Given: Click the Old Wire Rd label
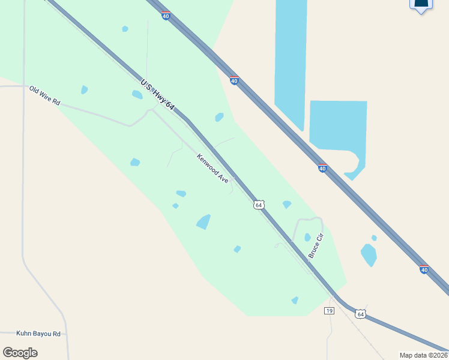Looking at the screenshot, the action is (45, 96).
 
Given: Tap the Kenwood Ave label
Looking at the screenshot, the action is (213, 173).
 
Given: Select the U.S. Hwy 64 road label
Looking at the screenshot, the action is (157, 95).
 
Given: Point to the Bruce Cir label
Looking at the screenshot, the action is (316, 246).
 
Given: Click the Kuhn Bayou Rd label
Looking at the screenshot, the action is (38, 333).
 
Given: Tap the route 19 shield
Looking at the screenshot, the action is (328, 310).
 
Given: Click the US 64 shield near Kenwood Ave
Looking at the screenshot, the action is (258, 205).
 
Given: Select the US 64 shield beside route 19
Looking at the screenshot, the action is (360, 314).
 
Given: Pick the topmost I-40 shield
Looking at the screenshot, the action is (165, 16).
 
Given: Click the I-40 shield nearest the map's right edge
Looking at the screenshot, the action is (424, 270).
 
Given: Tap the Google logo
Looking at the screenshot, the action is (20, 352).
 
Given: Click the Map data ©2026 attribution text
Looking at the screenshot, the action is (423, 355).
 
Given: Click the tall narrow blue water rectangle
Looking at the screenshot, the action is (291, 60).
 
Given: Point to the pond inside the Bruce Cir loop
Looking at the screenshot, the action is (307, 237).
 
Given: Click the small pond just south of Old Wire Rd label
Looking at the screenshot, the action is (84, 90).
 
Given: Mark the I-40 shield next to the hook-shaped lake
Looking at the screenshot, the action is (322, 169).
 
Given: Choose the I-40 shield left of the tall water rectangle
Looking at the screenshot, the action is (234, 80).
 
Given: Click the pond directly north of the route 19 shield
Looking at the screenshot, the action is (295, 300).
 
